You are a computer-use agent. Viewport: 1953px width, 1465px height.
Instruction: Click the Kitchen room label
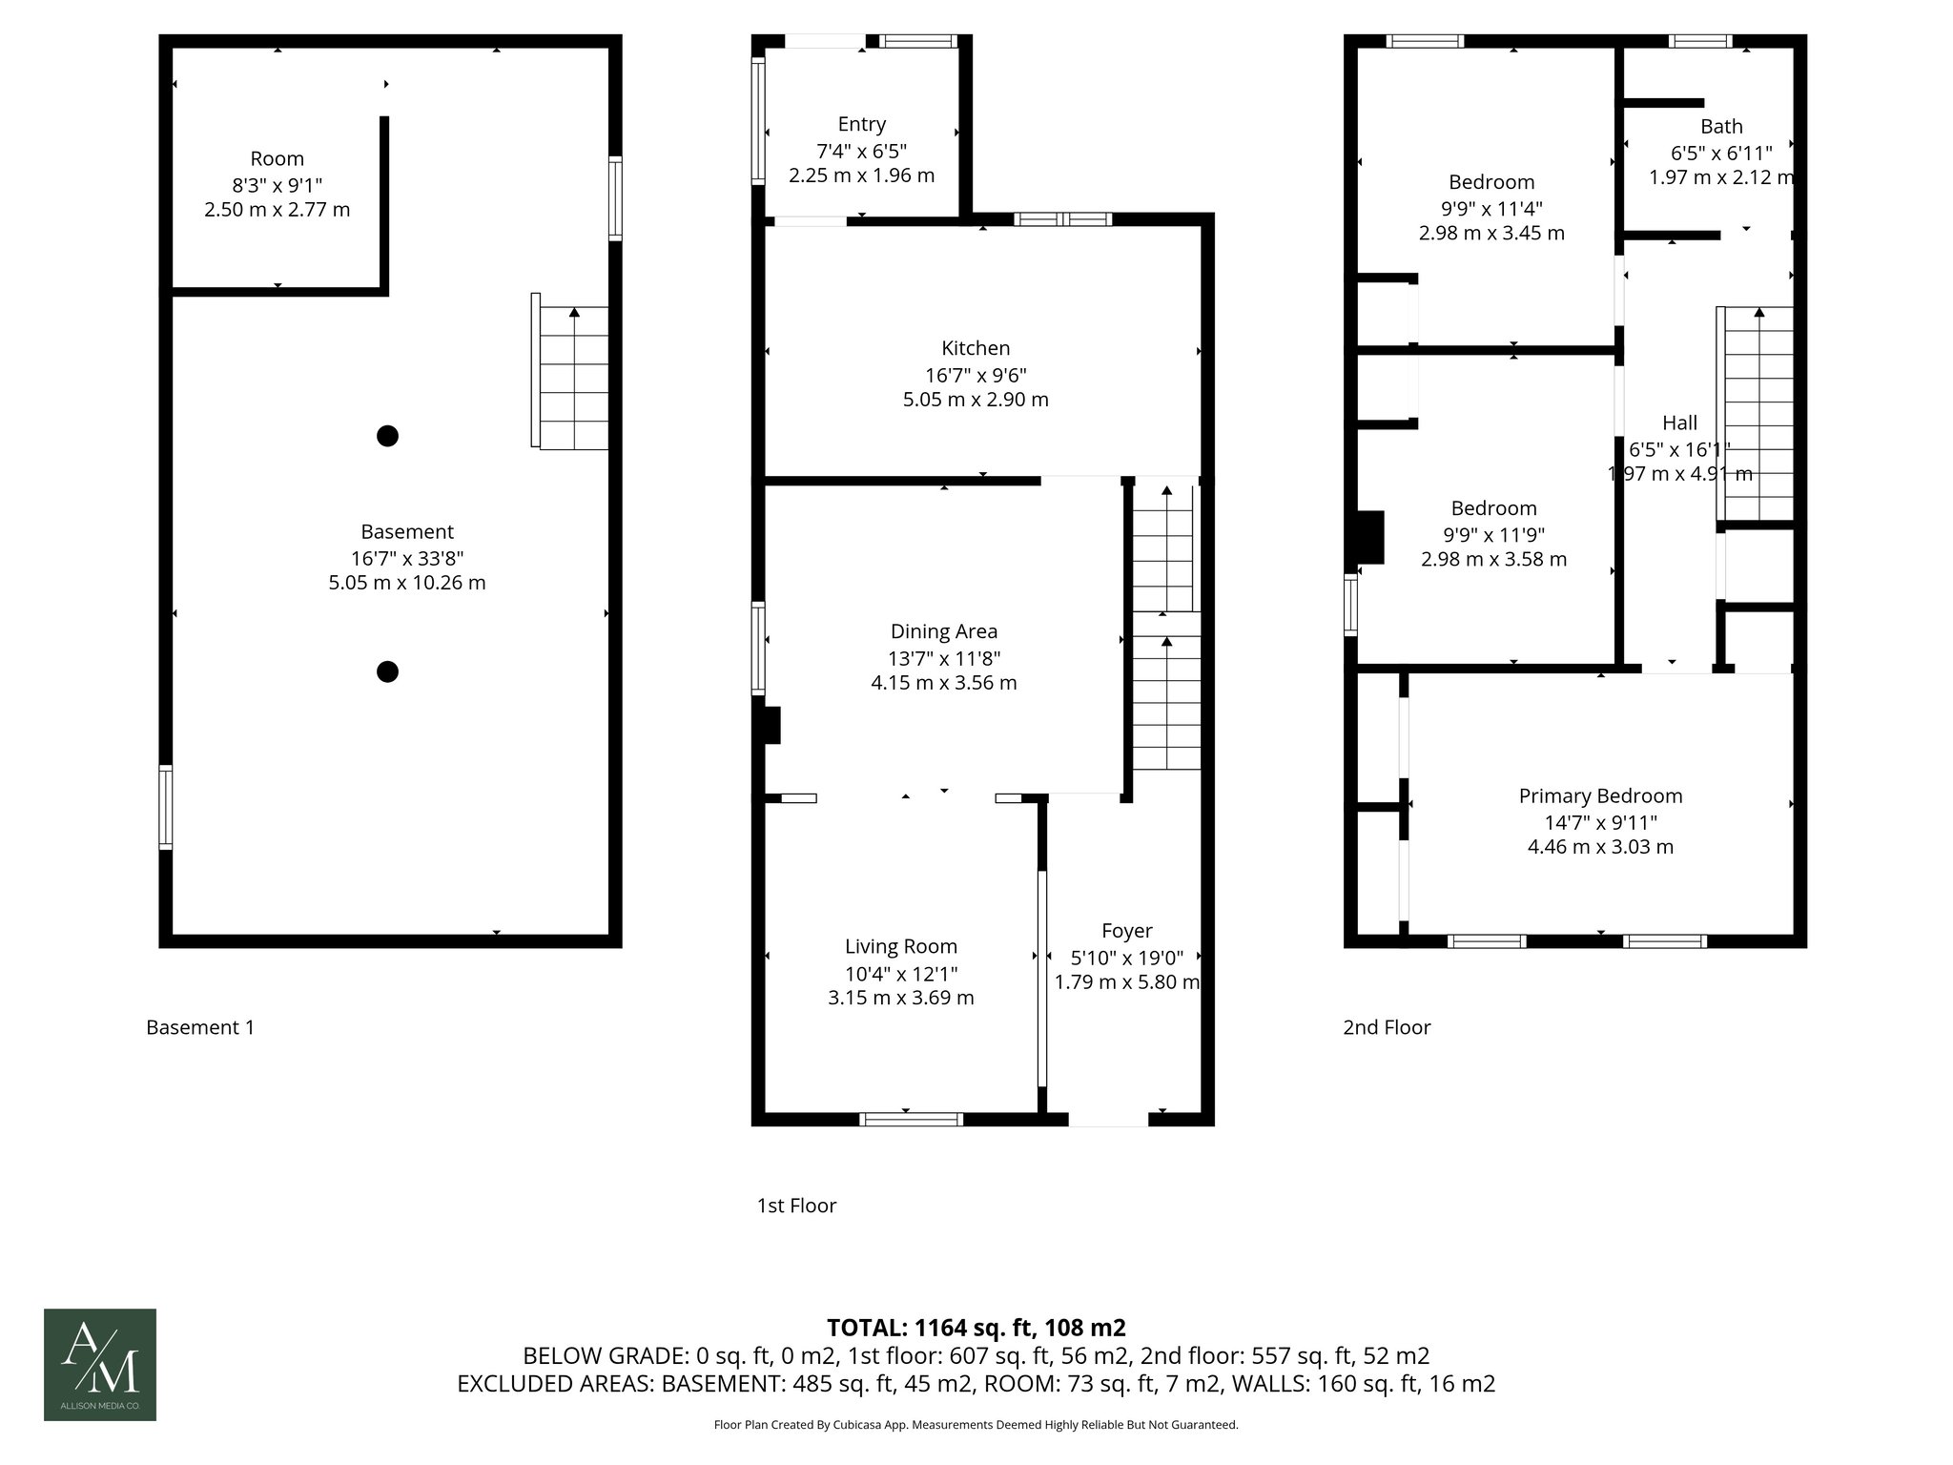tap(976, 348)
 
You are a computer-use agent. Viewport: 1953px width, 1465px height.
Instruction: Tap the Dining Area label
tap(944, 631)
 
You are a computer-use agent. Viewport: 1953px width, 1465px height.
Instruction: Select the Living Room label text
tap(901, 946)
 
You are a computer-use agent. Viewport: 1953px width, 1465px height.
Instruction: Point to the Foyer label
tap(1126, 930)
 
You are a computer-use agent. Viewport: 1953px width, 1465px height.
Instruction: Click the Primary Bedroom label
tap(1600, 795)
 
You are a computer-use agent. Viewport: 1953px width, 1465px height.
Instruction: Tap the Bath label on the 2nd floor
tap(1721, 126)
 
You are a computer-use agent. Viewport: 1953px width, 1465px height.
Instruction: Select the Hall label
tap(1679, 423)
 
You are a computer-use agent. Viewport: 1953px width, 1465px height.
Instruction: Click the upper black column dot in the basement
tap(387, 436)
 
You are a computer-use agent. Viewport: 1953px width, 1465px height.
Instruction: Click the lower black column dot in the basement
tap(387, 671)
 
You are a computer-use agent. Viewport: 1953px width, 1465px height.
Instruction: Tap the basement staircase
tap(573, 378)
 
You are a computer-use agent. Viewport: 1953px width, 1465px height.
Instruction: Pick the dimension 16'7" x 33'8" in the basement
tap(407, 558)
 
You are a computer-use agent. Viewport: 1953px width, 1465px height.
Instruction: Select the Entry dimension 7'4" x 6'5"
tap(861, 151)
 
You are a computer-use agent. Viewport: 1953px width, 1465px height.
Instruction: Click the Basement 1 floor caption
tap(200, 1027)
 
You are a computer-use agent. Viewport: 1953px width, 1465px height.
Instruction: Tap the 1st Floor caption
tap(796, 1206)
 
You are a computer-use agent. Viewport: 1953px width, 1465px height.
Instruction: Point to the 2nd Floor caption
tap(1387, 1027)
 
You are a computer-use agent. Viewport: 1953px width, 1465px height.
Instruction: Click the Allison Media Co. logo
tap(100, 1364)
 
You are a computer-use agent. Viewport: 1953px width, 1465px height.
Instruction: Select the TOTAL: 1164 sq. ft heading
tap(976, 1328)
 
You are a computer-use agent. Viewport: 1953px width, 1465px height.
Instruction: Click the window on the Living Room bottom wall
tap(911, 1119)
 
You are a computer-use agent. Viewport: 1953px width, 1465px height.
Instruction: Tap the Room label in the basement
tap(277, 158)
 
